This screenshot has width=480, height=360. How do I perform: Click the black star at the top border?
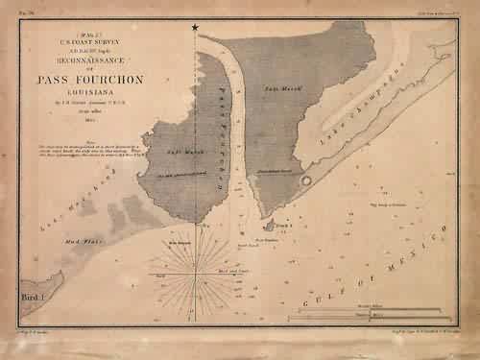(196, 27)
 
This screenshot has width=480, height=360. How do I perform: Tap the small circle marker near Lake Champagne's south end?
(305, 180)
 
